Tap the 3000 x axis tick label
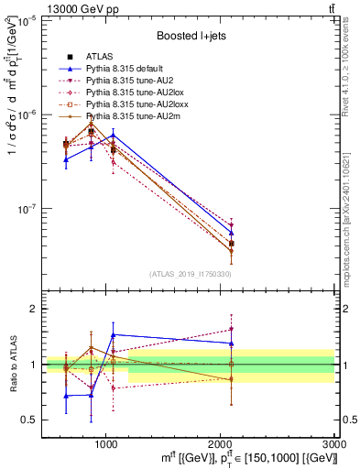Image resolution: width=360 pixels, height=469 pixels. click(x=333, y=442)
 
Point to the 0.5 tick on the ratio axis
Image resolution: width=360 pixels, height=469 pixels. click(x=29, y=420)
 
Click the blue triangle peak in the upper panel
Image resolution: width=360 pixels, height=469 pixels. click(x=113, y=135)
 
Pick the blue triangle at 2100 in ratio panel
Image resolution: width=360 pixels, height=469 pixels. click(x=231, y=344)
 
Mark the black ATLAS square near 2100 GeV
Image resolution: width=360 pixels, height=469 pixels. click(x=231, y=244)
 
